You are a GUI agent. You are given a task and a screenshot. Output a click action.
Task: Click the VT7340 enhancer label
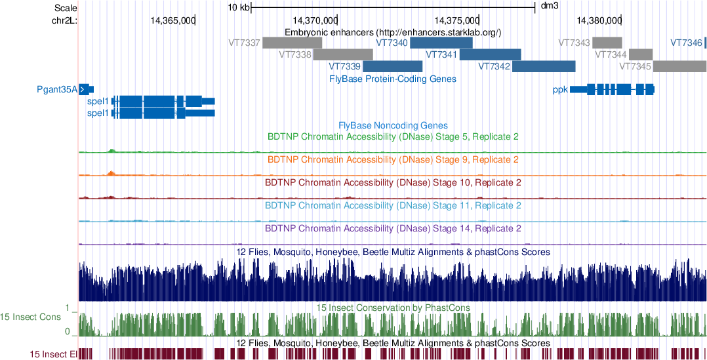[392, 43]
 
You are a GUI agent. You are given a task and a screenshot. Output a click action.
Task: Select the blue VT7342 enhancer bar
[544, 66]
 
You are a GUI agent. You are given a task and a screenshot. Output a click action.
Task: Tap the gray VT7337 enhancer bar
[292, 43]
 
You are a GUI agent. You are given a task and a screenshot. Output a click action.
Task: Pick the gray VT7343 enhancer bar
[607, 43]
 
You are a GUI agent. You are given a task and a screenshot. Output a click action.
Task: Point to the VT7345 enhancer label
[635, 66]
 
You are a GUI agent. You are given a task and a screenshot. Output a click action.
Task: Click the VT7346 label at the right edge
[686, 43]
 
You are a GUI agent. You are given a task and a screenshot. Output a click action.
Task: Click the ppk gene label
[559, 89]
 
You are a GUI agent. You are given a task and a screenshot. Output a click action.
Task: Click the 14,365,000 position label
[172, 20]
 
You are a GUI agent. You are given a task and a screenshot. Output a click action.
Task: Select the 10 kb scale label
[239, 7]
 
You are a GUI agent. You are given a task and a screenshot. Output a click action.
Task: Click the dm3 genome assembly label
[549, 7]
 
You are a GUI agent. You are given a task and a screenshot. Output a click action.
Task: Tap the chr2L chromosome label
[64, 20]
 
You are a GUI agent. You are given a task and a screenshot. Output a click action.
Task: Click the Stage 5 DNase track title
[393, 137]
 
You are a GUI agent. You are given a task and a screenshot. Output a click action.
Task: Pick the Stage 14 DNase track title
[393, 229]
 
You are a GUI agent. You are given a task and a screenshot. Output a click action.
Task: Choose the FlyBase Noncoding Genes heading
[393, 125]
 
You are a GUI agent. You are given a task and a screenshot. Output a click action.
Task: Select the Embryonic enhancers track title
[393, 32]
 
